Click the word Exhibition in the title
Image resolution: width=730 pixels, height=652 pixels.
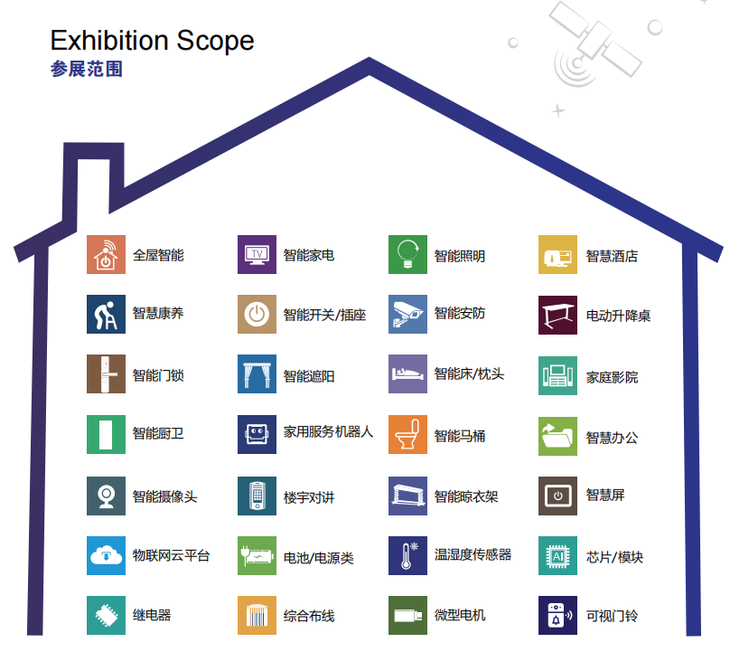tap(110, 40)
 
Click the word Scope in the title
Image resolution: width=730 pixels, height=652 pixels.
tap(215, 40)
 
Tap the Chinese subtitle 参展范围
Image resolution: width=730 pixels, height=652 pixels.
tap(87, 69)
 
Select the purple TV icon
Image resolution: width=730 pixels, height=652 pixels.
tap(257, 254)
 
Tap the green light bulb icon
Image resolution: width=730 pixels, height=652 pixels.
tap(407, 254)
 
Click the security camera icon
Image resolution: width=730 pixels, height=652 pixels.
tap(407, 314)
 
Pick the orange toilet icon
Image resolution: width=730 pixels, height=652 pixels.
tap(407, 434)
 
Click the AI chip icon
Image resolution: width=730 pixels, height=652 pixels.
tap(557, 555)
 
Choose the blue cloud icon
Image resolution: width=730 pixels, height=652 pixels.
tap(106, 555)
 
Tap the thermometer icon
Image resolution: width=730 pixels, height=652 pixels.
tap(407, 555)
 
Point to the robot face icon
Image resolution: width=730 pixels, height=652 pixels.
tap(257, 434)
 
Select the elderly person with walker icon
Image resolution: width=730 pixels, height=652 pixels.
tap(106, 314)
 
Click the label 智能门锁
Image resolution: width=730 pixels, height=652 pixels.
tap(158, 375)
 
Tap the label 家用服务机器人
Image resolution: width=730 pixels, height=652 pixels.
tap(328, 432)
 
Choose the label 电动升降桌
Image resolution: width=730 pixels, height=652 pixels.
tap(618, 316)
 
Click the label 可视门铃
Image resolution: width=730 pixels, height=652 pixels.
tap(612, 616)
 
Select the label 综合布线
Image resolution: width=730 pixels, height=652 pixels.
tap(309, 616)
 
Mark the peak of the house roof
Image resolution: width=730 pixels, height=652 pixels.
tap(370, 58)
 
